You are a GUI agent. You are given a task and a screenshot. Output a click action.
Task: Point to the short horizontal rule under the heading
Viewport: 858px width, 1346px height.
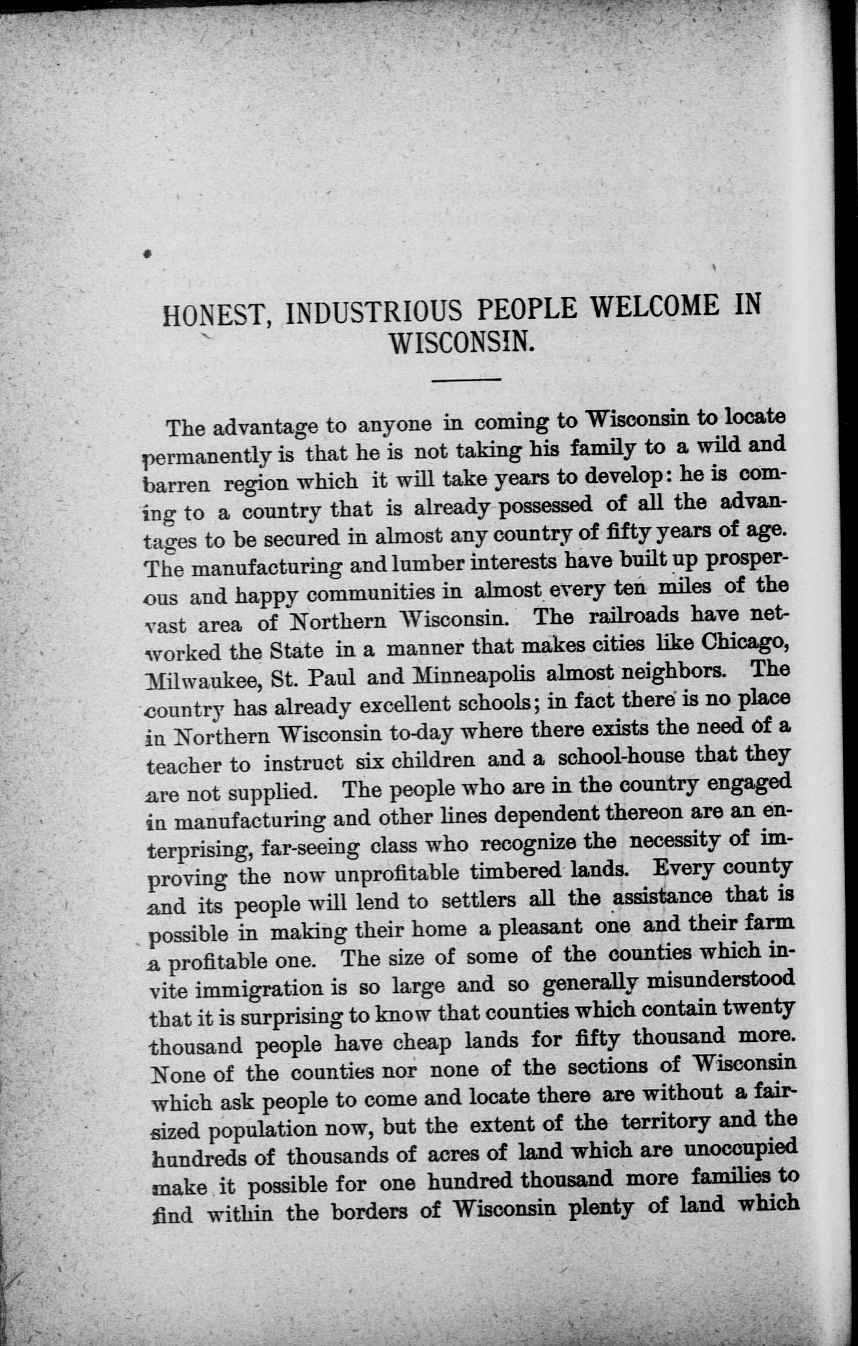(466, 380)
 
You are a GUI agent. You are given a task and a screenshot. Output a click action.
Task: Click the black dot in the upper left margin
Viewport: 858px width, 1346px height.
(147, 254)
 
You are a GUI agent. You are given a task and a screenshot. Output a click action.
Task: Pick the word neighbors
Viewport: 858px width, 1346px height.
(677, 671)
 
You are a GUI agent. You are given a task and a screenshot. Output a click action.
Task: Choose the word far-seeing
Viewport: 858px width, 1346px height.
(311, 847)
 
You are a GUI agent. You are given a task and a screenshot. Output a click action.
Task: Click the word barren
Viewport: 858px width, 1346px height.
(177, 483)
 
